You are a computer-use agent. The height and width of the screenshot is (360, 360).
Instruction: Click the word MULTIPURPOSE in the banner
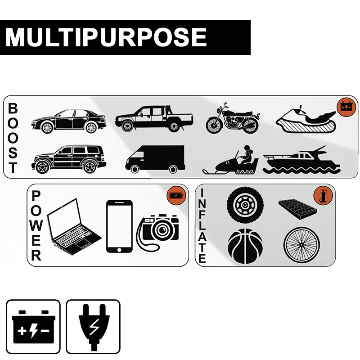pos(106,37)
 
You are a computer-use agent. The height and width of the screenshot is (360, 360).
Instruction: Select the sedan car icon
pos(69,121)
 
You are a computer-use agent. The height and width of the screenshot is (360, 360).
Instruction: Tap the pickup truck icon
pos(154,119)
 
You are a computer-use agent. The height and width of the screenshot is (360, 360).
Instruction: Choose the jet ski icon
pos(306,120)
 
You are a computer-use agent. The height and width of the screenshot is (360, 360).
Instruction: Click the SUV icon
pos(69,159)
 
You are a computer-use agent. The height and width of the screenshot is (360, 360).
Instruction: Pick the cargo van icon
pos(155,159)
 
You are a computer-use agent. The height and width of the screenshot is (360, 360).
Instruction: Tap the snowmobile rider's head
pos(247,148)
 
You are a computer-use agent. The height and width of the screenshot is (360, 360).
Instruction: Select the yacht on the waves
pos(301,160)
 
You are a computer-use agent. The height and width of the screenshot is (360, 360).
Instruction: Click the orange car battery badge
pos(346,107)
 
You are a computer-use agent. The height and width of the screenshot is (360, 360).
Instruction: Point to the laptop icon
pos(74,227)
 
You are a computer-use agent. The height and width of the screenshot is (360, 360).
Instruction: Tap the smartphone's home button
pos(119,250)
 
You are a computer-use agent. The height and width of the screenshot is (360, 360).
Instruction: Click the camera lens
pos(162,230)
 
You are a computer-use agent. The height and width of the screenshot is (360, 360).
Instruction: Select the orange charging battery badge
pos(176,195)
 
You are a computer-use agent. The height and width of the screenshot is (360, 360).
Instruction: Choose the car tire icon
pos(245,205)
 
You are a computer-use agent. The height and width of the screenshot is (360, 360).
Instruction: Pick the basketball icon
pos(245,246)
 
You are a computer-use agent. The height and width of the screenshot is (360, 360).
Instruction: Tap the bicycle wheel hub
pos(301,245)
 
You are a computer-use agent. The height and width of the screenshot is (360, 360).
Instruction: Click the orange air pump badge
pos(323,195)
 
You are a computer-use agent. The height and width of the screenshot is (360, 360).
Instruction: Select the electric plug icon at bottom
pos(93,327)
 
